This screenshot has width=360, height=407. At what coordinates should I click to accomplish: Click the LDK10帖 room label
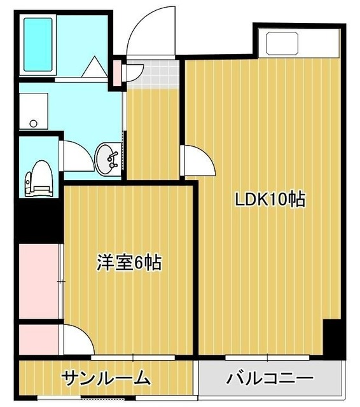270,199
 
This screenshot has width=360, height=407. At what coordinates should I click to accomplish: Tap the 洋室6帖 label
129,262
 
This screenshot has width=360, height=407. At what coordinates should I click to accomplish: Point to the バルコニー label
270,379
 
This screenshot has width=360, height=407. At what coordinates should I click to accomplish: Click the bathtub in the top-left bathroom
39,45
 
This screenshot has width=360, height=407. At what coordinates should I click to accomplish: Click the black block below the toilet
38,216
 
